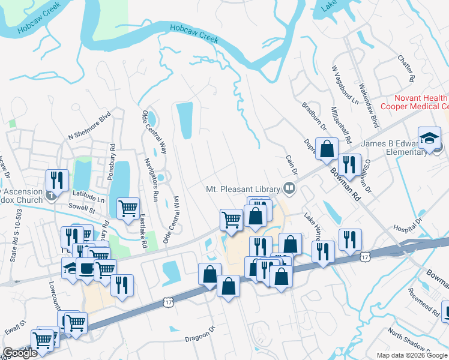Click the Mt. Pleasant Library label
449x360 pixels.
point(243,188)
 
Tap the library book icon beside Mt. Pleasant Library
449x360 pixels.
point(290,188)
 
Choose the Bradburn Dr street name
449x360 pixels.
point(314,115)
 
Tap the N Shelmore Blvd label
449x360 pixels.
point(90,125)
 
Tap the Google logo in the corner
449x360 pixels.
point(20,353)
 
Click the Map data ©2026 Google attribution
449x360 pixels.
point(412,355)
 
